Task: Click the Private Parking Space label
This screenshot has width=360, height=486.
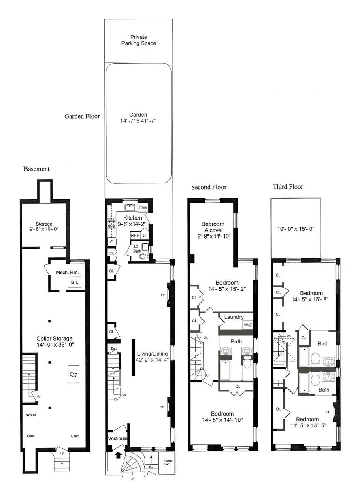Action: (138, 40)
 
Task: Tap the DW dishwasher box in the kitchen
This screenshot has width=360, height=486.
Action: (143, 207)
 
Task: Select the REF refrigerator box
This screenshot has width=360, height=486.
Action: (135, 236)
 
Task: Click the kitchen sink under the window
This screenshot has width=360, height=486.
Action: (131, 207)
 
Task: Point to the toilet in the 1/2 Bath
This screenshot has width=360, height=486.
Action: (143, 256)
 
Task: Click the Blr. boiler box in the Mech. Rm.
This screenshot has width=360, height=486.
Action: (75, 282)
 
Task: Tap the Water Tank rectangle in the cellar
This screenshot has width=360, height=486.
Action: (74, 375)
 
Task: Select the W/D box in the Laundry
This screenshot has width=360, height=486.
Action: (248, 325)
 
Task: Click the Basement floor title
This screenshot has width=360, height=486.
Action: (36, 169)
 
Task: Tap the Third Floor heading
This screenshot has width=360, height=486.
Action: (288, 187)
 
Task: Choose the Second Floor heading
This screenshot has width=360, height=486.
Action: (209, 187)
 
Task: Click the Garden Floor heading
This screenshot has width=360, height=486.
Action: (82, 116)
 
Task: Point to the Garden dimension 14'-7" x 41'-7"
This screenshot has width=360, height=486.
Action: (138, 121)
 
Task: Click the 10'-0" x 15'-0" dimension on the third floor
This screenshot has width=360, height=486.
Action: (296, 229)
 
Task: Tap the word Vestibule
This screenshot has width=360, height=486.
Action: (117, 439)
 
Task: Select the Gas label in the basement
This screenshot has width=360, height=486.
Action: (30, 436)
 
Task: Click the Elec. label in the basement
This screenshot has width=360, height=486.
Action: (75, 436)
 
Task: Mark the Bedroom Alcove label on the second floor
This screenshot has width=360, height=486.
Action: (213, 227)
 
